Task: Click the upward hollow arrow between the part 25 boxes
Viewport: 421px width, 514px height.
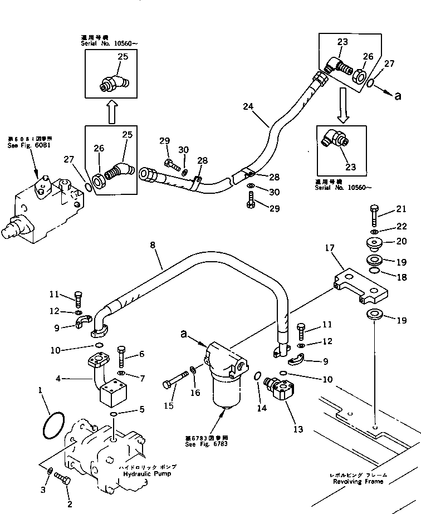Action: (x=111, y=111)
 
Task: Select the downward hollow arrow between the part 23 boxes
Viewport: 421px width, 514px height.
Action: (x=344, y=111)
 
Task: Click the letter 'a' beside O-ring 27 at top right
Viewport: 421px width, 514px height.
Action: (x=397, y=96)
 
